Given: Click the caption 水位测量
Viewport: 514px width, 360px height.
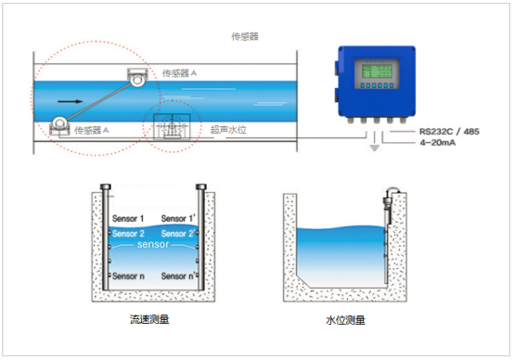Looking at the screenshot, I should [345, 321].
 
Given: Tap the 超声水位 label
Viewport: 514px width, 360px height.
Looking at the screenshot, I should [227, 130].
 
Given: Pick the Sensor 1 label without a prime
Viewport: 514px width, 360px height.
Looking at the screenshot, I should [129, 219].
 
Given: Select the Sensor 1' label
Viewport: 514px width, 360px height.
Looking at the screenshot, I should [180, 219].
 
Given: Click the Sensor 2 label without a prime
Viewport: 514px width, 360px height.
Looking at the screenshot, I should [129, 234].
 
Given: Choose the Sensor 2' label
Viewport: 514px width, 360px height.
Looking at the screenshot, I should [180, 234].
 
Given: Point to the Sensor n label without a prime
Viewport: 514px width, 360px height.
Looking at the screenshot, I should [129, 276].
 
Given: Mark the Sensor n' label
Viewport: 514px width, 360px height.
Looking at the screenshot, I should [180, 276].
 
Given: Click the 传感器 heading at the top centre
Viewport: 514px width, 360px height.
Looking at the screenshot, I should [245, 37].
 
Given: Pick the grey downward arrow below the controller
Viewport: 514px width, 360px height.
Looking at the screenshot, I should [375, 149].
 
